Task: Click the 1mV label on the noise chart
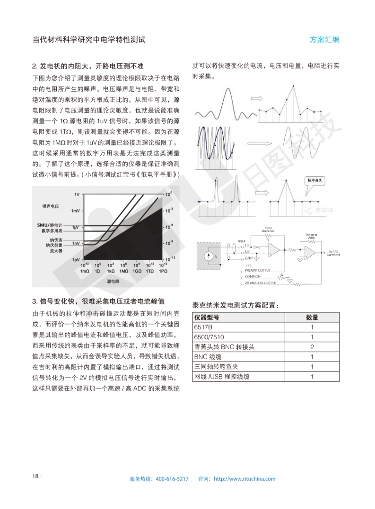click(75, 210)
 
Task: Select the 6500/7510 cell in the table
click(208, 337)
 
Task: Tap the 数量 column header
click(312, 317)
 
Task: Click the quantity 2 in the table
click(312, 347)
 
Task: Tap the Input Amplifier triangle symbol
click(274, 249)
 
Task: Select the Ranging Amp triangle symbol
click(310, 252)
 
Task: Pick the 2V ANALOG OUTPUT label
click(261, 283)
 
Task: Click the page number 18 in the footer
click(35, 476)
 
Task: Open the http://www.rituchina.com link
click(244, 479)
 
